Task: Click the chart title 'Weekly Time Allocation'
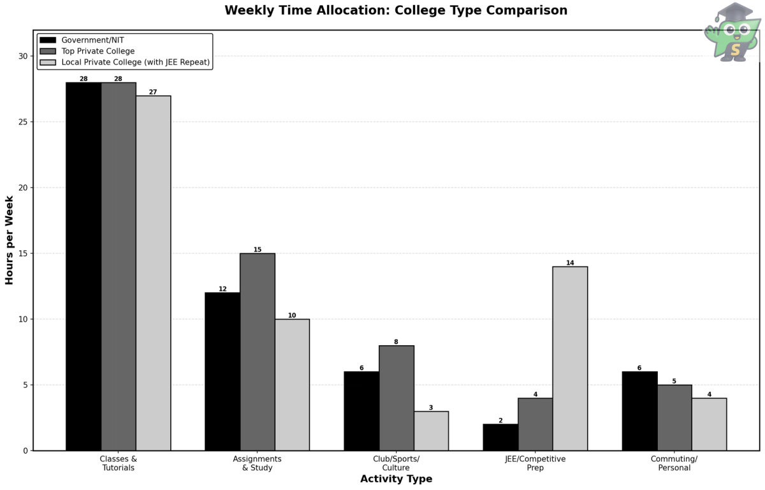coord(395,10)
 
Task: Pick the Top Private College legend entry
coord(98,51)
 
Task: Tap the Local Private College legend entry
coord(135,63)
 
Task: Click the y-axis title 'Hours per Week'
coord(10,240)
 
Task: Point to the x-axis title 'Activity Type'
coord(396,479)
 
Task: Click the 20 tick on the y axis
coord(24,188)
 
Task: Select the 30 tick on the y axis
coord(24,56)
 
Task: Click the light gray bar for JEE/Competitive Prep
coord(570,359)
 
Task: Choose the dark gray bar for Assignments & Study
coord(258,352)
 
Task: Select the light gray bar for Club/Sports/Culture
coord(431,431)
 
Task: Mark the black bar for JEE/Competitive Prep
coord(500,437)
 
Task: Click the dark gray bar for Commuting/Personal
coord(674,418)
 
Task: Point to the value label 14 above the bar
coord(570,263)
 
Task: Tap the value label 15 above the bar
coord(258,249)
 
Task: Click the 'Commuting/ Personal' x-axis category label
coord(674,463)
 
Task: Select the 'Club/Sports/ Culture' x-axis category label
coord(396,463)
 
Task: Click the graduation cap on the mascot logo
coord(736,12)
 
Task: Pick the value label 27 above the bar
coord(153,92)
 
